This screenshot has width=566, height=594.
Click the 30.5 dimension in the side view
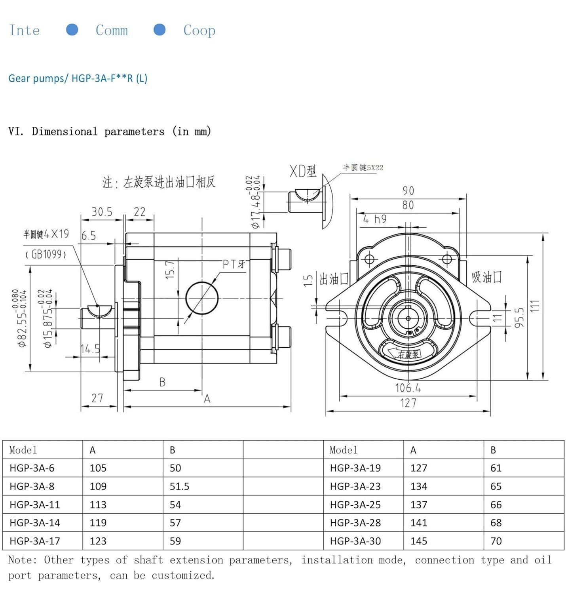click(x=102, y=212)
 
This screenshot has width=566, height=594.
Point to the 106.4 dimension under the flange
click(x=408, y=388)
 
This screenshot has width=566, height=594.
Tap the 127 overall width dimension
click(x=408, y=403)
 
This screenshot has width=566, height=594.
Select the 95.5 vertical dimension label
click(x=520, y=318)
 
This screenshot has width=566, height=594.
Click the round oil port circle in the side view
click(x=202, y=298)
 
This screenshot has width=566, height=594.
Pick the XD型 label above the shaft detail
click(x=303, y=171)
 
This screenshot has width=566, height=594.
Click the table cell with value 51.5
click(x=179, y=486)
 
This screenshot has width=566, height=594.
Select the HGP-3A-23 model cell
click(x=355, y=486)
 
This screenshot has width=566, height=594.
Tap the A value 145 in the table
click(x=419, y=541)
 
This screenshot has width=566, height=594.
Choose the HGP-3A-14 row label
click(x=35, y=523)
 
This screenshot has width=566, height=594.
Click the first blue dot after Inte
click(x=72, y=30)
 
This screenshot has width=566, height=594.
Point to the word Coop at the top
click(x=199, y=30)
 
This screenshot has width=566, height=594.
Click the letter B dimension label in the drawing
click(x=162, y=382)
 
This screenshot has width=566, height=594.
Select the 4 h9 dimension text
click(x=375, y=219)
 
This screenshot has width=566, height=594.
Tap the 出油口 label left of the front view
click(x=334, y=279)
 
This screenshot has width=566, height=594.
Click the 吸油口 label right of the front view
click(x=486, y=277)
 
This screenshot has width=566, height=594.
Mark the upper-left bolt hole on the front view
click(x=369, y=259)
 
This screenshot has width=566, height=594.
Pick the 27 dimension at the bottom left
click(x=97, y=398)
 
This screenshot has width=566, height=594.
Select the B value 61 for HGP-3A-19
click(x=496, y=468)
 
